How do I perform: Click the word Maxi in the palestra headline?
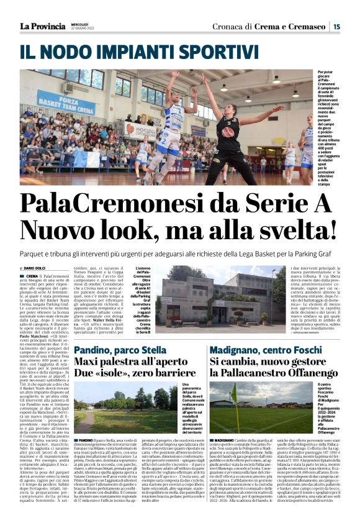86,361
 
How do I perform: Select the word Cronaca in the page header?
229,27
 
